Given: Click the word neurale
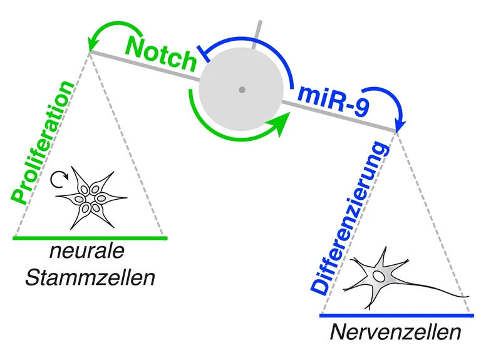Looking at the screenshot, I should click(x=88, y=252).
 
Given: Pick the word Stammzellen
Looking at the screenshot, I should click(x=90, y=276).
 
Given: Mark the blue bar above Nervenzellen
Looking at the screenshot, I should click(x=395, y=314).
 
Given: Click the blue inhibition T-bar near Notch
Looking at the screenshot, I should click(x=201, y=54).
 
